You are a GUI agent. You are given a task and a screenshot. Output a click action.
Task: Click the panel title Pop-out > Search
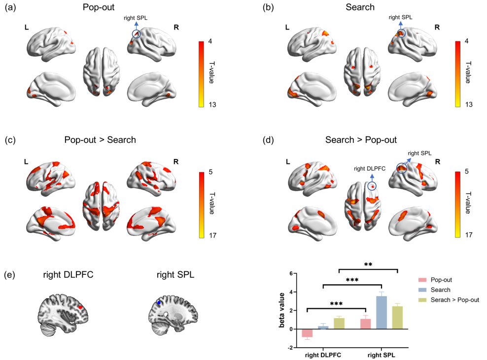click(100, 140)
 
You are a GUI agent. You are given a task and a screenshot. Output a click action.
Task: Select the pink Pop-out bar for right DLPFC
click(308, 333)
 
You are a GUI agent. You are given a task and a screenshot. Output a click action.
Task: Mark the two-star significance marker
click(368, 264)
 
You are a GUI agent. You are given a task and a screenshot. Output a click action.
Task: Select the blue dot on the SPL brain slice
click(159, 302)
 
